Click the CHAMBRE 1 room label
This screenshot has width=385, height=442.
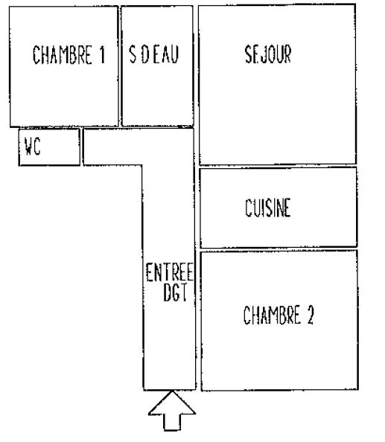[69, 54]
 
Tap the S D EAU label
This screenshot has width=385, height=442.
[153, 54]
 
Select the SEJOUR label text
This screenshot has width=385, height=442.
[267, 54]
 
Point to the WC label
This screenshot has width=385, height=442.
[33, 147]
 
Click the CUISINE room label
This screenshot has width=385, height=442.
[267, 208]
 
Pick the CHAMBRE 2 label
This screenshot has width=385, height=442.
[279, 315]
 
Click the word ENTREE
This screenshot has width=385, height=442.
[170, 272]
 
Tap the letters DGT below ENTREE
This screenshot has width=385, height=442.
[175, 292]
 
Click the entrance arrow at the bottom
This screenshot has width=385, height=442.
[172, 411]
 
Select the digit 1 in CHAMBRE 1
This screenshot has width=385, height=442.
[102, 54]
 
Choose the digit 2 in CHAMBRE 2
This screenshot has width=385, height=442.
[311, 315]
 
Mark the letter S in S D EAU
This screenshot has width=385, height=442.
[133, 54]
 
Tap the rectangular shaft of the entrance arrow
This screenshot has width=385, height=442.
[172, 423]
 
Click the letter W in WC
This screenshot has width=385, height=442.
[28, 147]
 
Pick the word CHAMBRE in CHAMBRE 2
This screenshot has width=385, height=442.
[272, 315]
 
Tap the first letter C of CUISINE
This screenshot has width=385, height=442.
[248, 208]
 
